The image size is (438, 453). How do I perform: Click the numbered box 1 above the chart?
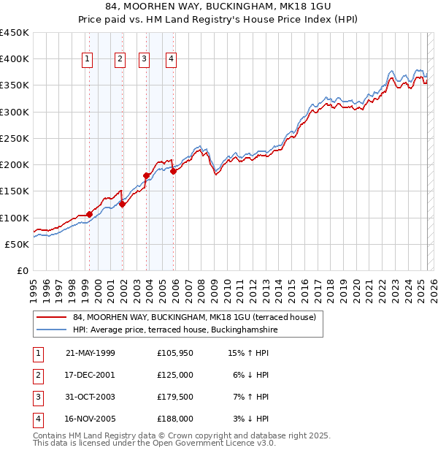(x=88, y=60)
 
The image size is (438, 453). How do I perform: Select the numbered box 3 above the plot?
(x=145, y=60)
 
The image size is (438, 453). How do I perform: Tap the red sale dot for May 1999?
(x=89, y=215)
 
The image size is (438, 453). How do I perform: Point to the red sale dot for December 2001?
(x=123, y=205)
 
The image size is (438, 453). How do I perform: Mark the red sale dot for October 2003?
(x=147, y=175)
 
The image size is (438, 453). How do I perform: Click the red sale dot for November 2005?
(x=174, y=172)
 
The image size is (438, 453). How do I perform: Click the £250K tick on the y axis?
(x=15, y=138)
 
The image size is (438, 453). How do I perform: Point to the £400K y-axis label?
(x=15, y=59)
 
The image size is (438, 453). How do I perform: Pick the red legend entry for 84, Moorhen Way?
(x=193, y=318)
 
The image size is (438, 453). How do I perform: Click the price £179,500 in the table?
(x=174, y=398)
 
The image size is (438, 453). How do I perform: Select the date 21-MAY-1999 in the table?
(x=91, y=353)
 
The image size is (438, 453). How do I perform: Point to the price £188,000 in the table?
(x=174, y=419)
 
